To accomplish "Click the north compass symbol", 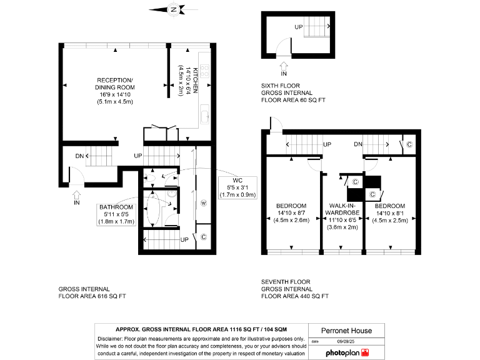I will (x=173, y=9).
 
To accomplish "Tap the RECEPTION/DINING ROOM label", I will (x=114, y=90).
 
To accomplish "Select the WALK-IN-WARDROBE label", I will (x=342, y=216).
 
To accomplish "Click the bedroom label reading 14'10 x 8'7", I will (x=291, y=212).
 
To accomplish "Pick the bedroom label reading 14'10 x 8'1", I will (x=390, y=212).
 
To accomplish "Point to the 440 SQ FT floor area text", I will (x=295, y=296).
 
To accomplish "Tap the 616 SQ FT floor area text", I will (x=92, y=296).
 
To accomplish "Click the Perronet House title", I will (x=346, y=331).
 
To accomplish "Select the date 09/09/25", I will (x=346, y=341).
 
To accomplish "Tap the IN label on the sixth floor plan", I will (x=284, y=73).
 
